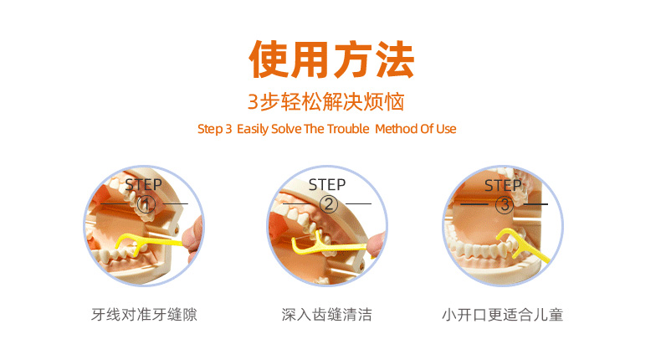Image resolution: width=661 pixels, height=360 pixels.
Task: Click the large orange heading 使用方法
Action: click(331, 59)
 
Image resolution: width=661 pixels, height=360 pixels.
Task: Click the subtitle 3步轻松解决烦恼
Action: click(325, 101)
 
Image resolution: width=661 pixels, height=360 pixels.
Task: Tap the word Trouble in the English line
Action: click(348, 129)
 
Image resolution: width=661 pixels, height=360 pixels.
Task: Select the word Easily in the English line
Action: click(253, 129)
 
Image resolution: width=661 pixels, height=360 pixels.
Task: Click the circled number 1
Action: click(146, 205)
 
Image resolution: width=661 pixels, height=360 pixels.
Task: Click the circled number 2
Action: click(329, 204)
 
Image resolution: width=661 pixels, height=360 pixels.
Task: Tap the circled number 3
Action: click(505, 205)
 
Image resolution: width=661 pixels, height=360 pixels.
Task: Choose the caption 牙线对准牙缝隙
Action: click(144, 315)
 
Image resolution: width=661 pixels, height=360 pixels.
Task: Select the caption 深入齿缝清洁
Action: click(326, 315)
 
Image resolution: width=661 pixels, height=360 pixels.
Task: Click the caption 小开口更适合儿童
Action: click(503, 315)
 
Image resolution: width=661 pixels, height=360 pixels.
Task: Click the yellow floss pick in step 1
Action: click(147, 242)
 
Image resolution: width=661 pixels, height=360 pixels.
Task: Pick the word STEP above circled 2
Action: click(327, 185)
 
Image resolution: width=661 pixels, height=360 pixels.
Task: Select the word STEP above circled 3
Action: click(503, 185)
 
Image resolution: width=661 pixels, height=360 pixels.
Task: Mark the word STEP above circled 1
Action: click(143, 185)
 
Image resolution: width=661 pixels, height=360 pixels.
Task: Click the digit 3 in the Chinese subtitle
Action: click(253, 102)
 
